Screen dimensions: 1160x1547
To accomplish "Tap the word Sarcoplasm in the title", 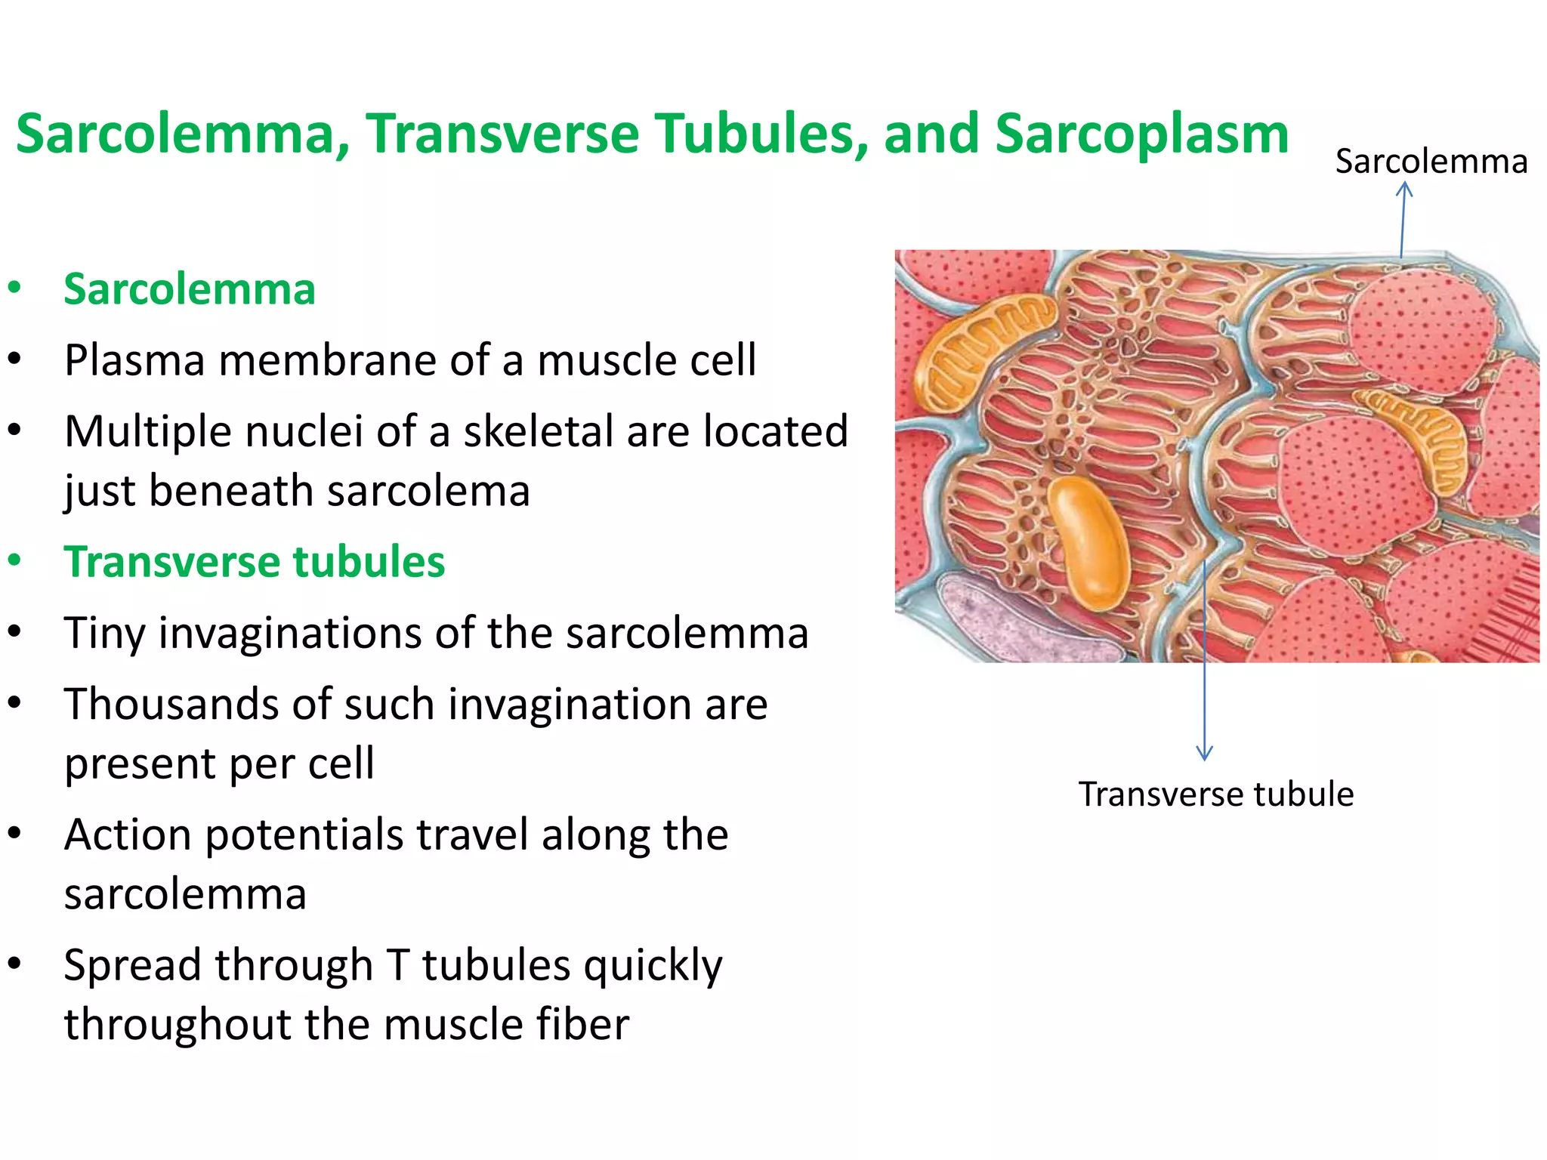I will click(x=1141, y=134).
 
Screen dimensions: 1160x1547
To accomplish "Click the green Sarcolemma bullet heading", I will click(x=190, y=289).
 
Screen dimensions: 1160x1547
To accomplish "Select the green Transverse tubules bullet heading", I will click(x=255, y=562).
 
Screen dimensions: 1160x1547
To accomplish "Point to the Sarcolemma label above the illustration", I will click(x=1431, y=162).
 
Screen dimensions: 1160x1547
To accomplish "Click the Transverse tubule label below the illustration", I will click(x=1215, y=794).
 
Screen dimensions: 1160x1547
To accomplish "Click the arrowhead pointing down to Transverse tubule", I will click(x=1205, y=753).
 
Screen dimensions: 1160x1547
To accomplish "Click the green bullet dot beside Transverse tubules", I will click(x=14, y=562).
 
